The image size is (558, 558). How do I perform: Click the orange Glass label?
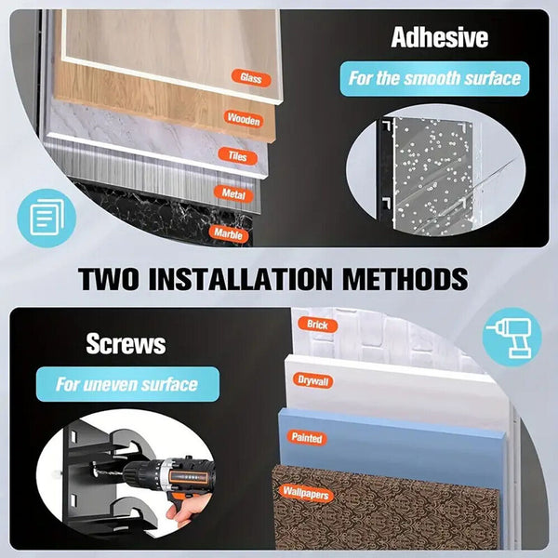[251, 77]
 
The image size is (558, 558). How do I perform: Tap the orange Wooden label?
[244, 119]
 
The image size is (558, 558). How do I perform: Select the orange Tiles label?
[238, 156]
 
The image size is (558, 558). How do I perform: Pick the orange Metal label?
[233, 194]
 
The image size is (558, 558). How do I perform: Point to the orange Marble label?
[229, 233]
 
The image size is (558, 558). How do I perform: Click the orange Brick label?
[317, 325]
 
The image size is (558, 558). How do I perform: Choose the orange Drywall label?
[313, 380]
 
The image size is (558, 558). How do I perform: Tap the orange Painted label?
[307, 437]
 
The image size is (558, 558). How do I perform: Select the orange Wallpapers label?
[306, 493]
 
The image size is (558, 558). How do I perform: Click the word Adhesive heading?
[440, 37]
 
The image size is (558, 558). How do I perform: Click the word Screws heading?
[126, 344]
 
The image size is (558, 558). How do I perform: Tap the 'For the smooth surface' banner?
[434, 79]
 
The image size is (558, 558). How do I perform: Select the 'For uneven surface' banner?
[127, 384]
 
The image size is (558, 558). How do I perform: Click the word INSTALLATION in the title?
[241, 279]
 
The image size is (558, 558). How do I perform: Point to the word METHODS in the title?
[405, 279]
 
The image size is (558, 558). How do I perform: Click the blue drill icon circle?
[512, 338]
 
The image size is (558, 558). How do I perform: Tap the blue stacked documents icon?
[46, 219]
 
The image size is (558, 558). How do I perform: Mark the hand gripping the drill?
[187, 509]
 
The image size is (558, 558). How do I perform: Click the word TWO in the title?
[108, 279]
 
